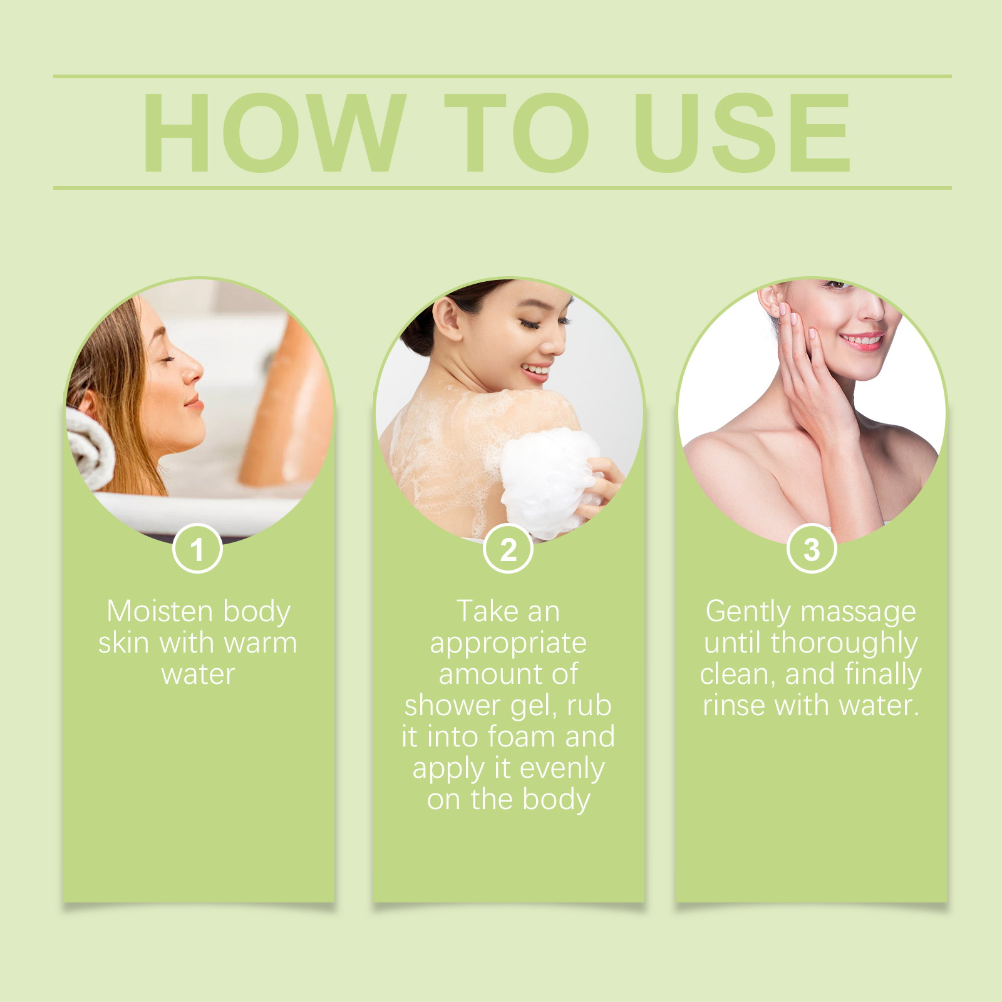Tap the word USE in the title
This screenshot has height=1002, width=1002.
[742, 132]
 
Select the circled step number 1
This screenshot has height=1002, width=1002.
[197, 549]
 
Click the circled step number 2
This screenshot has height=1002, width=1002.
[508, 549]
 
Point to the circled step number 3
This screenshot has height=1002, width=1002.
[812, 549]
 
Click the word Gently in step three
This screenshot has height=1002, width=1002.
[748, 612]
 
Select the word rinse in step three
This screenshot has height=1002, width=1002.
[735, 706]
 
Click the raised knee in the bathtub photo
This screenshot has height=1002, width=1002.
[294, 351]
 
